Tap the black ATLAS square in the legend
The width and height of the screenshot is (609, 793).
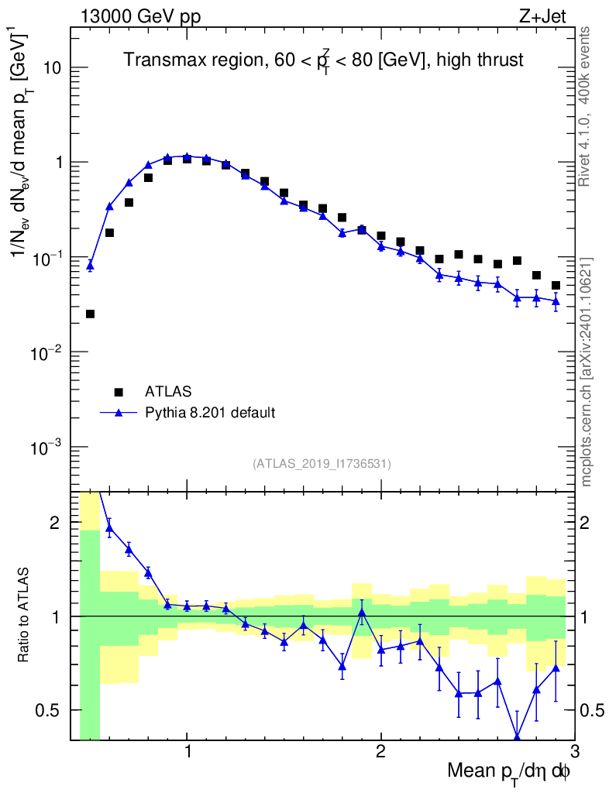coord(119,391)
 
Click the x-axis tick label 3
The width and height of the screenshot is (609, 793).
coord(574,752)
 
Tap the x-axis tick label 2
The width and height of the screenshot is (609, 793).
coord(380,752)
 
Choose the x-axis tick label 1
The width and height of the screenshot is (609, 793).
coord(187,752)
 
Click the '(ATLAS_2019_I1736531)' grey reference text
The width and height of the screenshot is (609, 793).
coord(322,464)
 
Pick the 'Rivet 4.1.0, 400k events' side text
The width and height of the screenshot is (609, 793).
coord(587,105)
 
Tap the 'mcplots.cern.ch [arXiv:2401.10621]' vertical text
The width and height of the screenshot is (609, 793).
coord(587,372)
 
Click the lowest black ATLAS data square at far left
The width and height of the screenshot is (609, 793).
coord(90,314)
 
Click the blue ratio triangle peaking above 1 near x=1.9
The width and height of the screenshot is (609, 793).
coord(361,613)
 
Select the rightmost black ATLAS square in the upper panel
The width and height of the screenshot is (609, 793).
coord(556,286)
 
